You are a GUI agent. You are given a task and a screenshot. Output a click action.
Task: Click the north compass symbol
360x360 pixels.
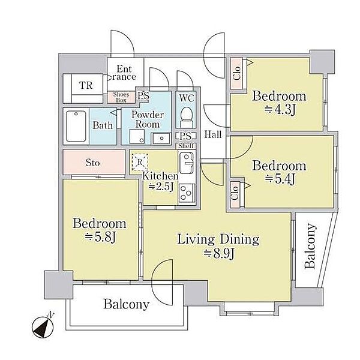tap(43, 326)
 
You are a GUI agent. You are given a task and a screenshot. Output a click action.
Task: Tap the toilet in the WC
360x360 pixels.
tap(186, 117)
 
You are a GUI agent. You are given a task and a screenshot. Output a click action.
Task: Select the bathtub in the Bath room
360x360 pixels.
tap(76, 126)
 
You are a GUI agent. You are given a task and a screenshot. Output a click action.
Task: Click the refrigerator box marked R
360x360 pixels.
tap(140, 162)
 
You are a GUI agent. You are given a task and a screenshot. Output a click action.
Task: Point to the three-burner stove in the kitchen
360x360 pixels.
tap(187, 193)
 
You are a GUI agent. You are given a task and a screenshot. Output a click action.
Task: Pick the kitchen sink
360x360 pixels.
tap(186, 163)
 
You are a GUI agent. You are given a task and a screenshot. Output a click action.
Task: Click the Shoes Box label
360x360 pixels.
tap(121, 97)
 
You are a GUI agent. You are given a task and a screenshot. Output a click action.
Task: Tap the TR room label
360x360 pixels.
tap(86, 85)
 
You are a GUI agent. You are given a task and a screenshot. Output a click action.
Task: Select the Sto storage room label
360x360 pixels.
tap(93, 163)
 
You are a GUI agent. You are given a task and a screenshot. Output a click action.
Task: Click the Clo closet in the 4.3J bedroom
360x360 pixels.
tap(236, 73)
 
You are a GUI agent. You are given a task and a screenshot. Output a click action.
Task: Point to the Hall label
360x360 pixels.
tap(213, 134)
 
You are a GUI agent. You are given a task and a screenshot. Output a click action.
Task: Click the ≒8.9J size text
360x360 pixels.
tap(219, 254)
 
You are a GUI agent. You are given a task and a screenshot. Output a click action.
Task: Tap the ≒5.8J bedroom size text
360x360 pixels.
tap(100, 238)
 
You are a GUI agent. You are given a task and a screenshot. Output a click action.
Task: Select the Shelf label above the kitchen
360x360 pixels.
tap(186, 146)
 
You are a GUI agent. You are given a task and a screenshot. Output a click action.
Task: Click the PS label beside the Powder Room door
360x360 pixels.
tap(144, 95)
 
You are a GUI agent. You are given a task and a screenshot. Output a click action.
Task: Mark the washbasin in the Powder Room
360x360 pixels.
tap(161, 138)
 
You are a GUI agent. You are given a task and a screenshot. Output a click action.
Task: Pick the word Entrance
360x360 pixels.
tap(124, 73)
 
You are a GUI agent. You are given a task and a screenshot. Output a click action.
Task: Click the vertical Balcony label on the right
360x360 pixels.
tap(310, 245)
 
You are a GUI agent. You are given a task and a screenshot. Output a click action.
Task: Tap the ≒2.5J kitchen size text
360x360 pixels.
tap(161, 187)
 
